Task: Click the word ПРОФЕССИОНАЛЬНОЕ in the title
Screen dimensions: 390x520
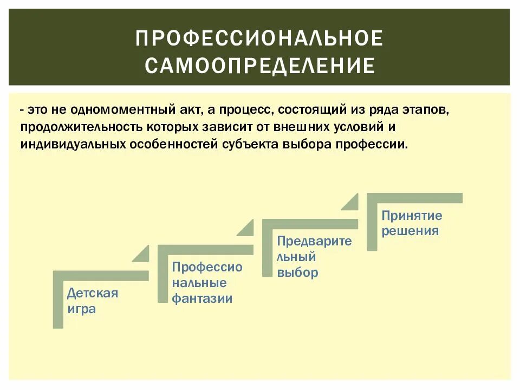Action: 259,38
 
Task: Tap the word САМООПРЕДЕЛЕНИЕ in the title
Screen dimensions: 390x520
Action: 259,66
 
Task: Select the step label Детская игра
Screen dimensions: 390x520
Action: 92,301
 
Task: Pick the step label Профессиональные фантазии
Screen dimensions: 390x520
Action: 207,283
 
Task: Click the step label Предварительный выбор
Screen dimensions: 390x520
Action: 314,257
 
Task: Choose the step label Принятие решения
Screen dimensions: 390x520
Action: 412,223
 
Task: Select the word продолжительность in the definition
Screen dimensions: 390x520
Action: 81,128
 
